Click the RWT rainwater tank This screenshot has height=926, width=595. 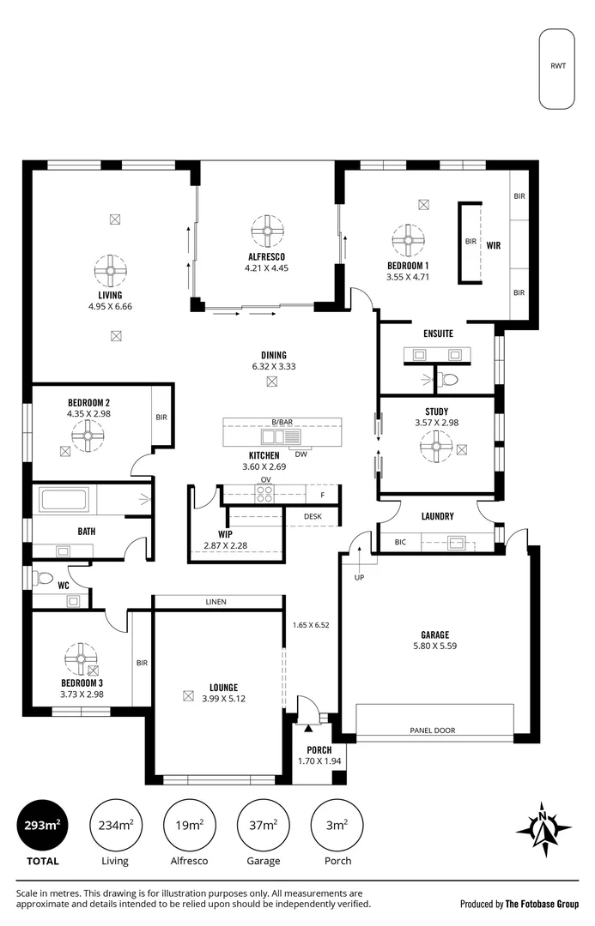point(556,69)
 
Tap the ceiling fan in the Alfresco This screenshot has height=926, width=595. point(267,231)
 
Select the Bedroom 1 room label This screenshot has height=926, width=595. point(408,266)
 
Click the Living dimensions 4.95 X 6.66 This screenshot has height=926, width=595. point(111,306)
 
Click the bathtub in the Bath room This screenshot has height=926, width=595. point(64,500)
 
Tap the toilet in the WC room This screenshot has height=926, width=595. point(43,578)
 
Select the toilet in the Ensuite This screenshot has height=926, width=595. point(449,380)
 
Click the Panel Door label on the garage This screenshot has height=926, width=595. point(433,731)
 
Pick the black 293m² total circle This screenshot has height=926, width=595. point(42,825)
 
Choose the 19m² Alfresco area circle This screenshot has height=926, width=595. point(189,825)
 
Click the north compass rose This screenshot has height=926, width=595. point(543,829)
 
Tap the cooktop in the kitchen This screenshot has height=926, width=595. point(264,493)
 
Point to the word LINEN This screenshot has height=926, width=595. point(216,602)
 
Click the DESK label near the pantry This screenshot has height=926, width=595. point(313,516)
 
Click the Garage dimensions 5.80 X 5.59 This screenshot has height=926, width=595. point(434,646)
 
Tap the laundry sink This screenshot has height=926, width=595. point(456,542)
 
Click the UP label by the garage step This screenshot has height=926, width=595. point(359,578)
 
